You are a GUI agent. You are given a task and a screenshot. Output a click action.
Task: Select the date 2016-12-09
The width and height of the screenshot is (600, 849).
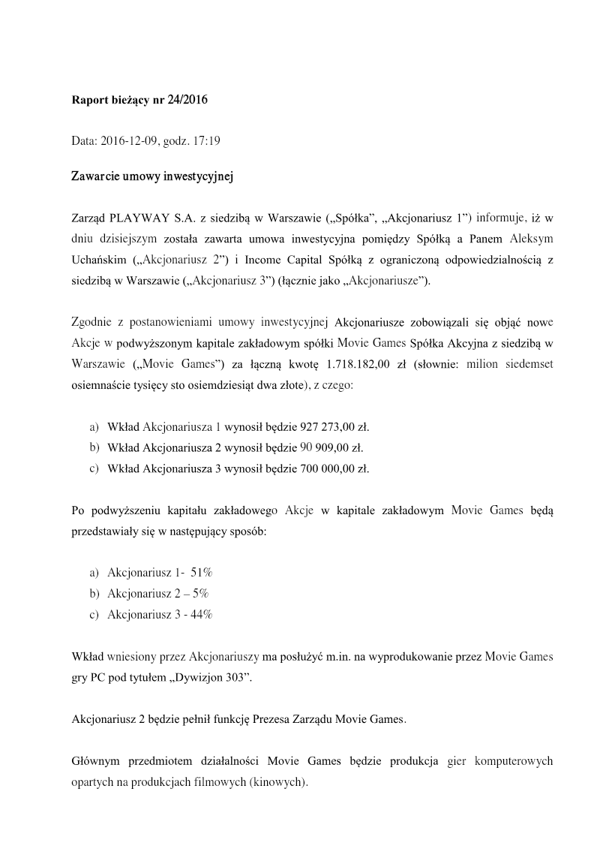127,140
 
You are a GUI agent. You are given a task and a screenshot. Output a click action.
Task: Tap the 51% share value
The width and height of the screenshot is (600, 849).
202,573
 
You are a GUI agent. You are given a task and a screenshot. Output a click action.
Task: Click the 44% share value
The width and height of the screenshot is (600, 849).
201,615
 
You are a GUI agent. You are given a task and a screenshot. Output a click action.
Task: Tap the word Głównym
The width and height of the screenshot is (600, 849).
96,761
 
